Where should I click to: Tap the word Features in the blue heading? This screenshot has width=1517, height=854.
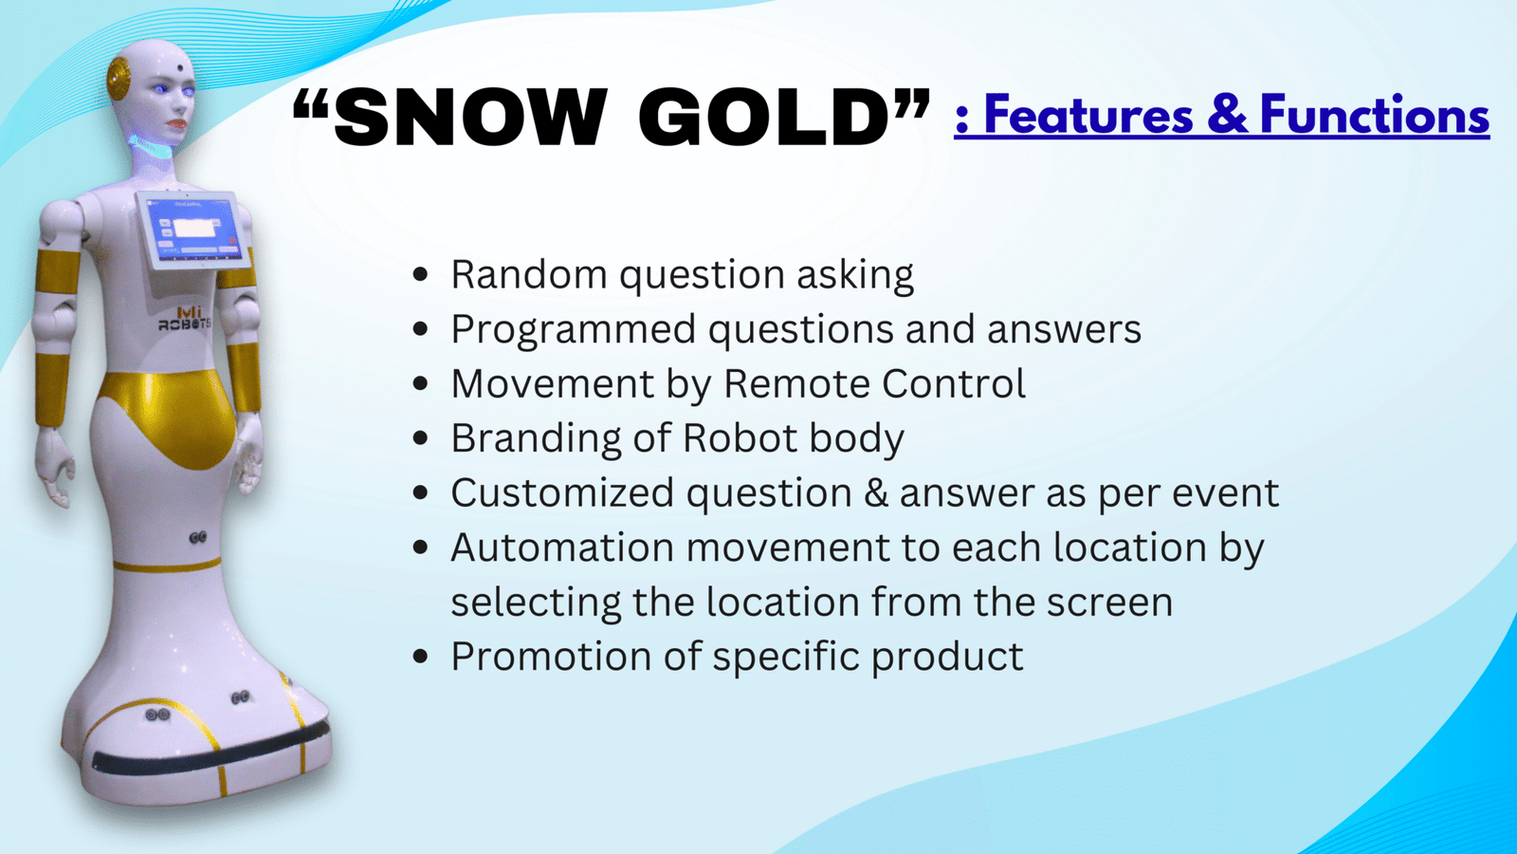coord(1087,115)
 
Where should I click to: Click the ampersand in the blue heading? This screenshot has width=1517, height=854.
coord(1227,115)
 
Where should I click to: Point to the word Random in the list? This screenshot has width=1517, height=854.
coord(529,274)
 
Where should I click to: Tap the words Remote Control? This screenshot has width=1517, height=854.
coord(874,383)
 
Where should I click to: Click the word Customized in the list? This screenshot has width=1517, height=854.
coord(562,492)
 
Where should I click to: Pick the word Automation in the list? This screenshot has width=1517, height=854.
coord(562,547)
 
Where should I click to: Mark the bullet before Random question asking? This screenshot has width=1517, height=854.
coord(420,274)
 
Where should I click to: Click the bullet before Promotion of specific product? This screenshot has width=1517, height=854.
coord(420,656)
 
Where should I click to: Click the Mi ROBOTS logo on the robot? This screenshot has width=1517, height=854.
coord(184,318)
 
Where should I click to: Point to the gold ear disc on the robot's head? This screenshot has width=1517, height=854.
coord(119,79)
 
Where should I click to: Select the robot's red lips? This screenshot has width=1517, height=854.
coord(178,125)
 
